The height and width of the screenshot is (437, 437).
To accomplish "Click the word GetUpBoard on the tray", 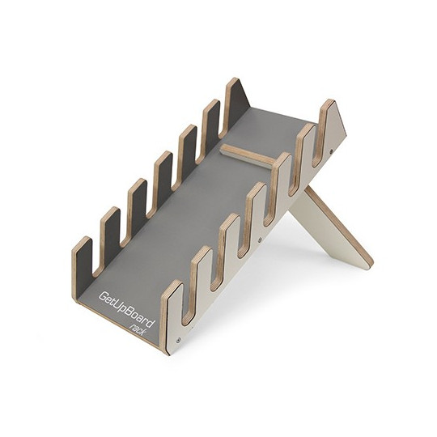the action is point(126,312).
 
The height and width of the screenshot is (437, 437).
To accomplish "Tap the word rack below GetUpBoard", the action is point(139,332).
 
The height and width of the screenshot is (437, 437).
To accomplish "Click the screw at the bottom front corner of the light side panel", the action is point(178,340).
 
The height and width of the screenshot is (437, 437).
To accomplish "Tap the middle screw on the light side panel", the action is point(260,239).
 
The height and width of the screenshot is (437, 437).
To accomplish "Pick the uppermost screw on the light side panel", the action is point(331,151).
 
